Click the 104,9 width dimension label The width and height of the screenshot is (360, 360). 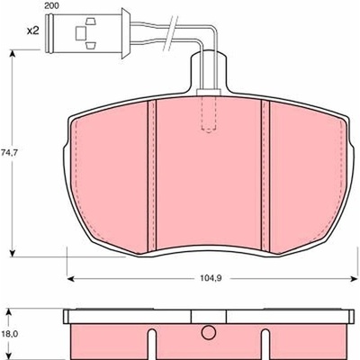tap(211, 278)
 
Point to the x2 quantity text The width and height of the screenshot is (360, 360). tap(32, 31)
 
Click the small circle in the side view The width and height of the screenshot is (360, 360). tap(209, 333)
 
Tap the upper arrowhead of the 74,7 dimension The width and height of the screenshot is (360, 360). tap(13, 54)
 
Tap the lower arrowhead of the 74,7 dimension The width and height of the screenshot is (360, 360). tap(13, 253)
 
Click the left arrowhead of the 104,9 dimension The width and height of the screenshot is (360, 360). tap(70, 279)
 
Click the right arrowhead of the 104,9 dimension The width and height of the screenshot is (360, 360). tap(353, 279)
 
